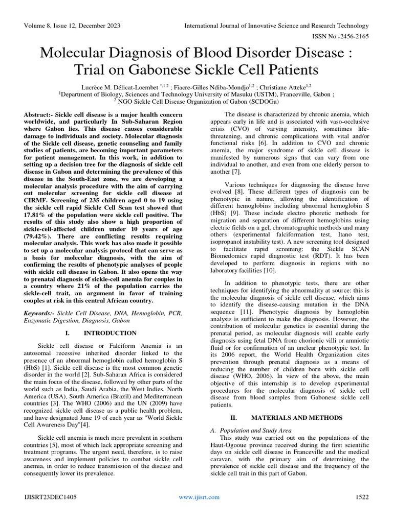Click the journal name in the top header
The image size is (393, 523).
pyautogui.click(x=276, y=26)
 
